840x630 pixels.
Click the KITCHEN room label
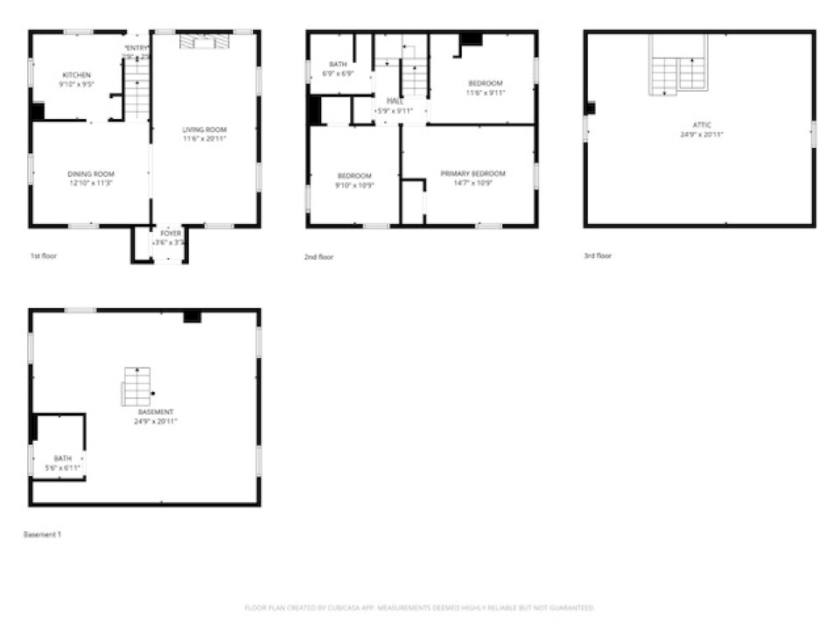[76, 75]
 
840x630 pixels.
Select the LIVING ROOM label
[205, 129]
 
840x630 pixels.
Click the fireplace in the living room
[204, 41]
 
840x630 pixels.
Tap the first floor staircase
[136, 87]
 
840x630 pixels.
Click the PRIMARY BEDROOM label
[479, 174]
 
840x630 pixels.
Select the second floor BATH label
[338, 65]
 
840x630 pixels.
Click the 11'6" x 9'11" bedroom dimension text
[485, 93]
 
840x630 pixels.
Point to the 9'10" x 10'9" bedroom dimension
[354, 185]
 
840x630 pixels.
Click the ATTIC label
[702, 125]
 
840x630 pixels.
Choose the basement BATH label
[62, 458]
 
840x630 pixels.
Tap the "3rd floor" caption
[598, 256]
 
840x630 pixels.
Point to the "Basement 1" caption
[42, 534]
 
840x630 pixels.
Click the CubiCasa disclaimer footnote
[419, 607]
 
